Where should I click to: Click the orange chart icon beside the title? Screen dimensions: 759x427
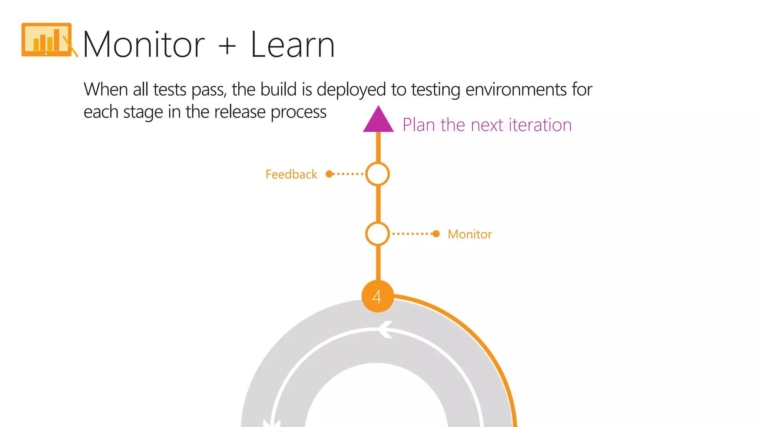click(47, 40)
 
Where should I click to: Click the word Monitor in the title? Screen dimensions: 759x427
click(144, 45)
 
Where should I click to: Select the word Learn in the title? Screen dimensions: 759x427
click(293, 45)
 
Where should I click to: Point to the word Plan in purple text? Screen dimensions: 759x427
click(419, 125)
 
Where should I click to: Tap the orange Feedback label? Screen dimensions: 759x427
click(291, 174)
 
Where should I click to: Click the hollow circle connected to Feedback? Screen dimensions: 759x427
click(377, 174)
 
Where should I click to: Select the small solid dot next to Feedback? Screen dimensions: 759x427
click(329, 174)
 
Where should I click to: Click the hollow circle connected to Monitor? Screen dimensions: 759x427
click(377, 234)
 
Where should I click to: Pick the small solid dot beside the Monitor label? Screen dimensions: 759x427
click(436, 234)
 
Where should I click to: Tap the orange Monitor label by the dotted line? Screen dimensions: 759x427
click(470, 234)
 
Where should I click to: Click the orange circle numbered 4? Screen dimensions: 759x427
click(377, 297)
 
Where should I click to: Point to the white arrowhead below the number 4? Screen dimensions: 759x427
click(385, 329)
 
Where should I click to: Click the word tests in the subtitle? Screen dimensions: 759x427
click(170, 90)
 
